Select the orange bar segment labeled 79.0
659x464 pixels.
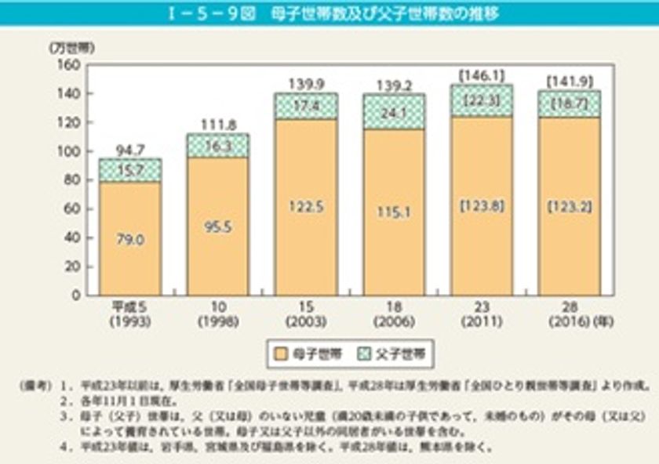[x=130, y=239]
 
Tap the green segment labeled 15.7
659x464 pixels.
[x=130, y=170]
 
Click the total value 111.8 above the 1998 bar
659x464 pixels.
[x=217, y=125]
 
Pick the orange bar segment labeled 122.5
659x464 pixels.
[x=305, y=208]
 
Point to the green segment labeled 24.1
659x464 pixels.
[x=393, y=111]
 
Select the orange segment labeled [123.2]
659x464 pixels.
[x=569, y=208]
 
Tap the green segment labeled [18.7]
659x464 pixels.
[x=569, y=103]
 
